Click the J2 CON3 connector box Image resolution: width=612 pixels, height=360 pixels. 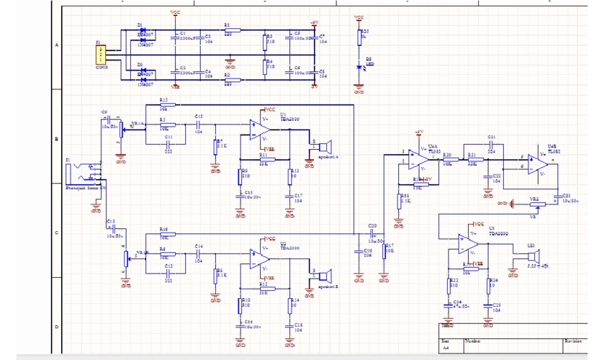102,53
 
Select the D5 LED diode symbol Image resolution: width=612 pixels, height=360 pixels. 359,67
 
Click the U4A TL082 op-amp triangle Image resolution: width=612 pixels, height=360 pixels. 415,159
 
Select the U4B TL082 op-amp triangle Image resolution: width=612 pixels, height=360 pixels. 536,163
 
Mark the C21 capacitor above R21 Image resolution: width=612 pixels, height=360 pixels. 491,144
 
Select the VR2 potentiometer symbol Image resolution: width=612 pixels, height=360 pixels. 534,204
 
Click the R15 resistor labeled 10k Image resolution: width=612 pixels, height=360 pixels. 163,105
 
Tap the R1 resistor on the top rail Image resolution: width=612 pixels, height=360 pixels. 230,30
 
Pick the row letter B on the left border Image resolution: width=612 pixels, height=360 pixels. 57,138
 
